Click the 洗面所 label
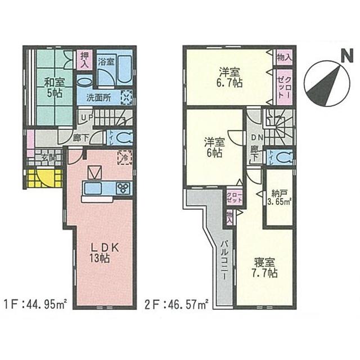(x=99, y=97)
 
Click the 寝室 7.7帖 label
(x=264, y=268)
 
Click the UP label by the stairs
(x=86, y=118)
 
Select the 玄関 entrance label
(x=47, y=158)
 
